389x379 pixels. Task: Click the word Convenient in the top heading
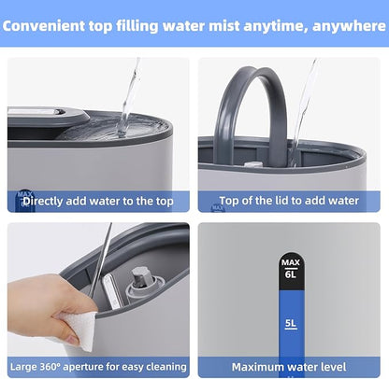pos(43,26)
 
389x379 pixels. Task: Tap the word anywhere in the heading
pos(349,26)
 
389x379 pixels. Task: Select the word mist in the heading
pos(224,26)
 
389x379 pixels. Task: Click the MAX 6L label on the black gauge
pos(291,269)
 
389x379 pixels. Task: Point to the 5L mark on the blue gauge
pos(291,324)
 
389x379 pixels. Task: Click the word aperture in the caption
pos(83,367)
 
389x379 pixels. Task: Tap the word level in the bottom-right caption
pos(334,367)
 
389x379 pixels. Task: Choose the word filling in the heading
pos(137,26)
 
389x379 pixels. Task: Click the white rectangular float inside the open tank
pos(111,292)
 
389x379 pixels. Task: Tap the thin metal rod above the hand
pos(100,260)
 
